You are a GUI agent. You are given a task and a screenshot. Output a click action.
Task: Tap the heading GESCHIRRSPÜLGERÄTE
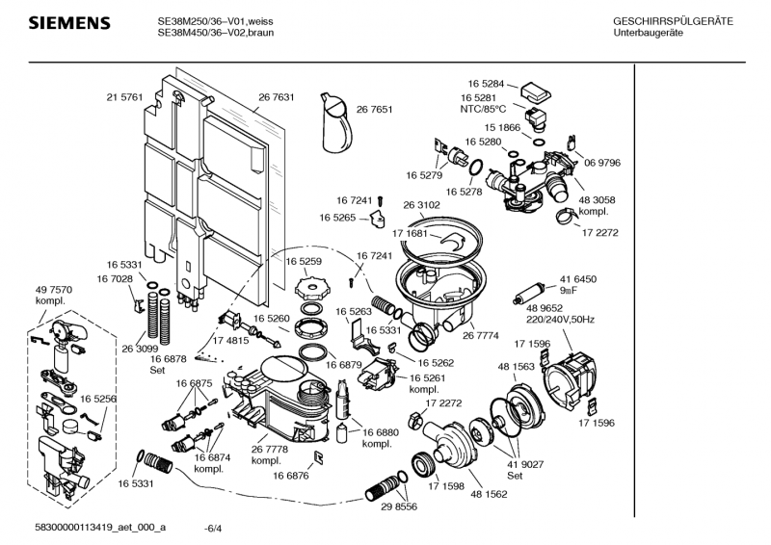point(673,21)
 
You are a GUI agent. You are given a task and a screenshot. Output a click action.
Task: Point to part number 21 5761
point(124,97)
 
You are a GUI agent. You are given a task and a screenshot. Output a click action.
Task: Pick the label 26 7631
point(276,97)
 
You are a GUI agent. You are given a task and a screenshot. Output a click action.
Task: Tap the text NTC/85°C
point(483,109)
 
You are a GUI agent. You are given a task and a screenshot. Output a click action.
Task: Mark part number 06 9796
point(602,163)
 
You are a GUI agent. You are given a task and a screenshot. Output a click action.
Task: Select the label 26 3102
point(421,205)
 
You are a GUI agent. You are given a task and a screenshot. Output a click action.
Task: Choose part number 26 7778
point(270,450)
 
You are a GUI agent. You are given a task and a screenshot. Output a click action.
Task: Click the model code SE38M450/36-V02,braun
point(220,33)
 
